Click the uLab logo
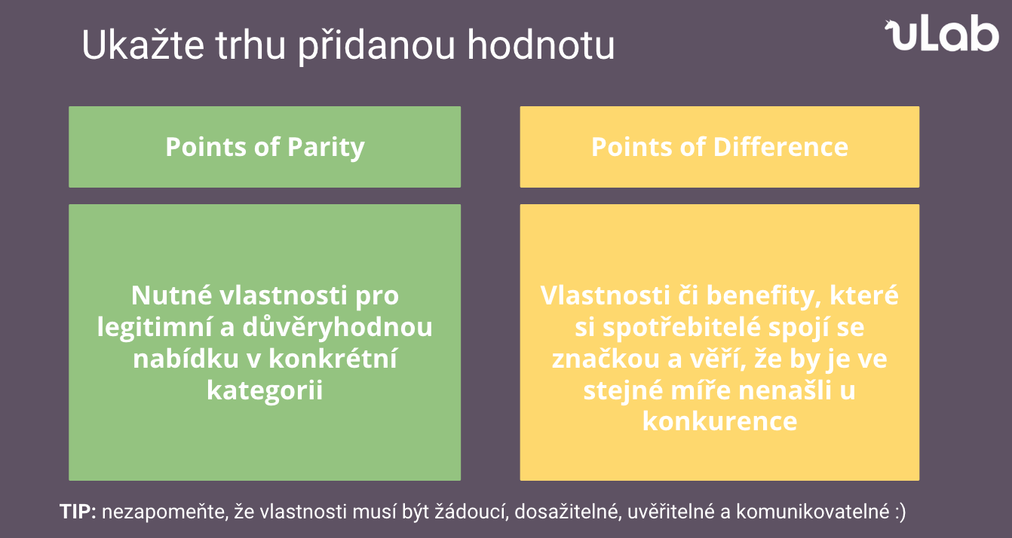[x=942, y=34]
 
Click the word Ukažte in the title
[x=143, y=44]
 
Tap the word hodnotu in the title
[x=541, y=44]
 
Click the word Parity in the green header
[x=326, y=148]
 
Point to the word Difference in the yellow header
[x=780, y=147]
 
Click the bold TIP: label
[x=78, y=512]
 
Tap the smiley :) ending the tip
[x=899, y=512]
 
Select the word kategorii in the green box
[x=265, y=390]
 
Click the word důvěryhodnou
[x=337, y=327]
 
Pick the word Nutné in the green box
[x=171, y=295]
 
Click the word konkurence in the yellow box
[x=719, y=421]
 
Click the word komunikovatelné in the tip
[x=813, y=512]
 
